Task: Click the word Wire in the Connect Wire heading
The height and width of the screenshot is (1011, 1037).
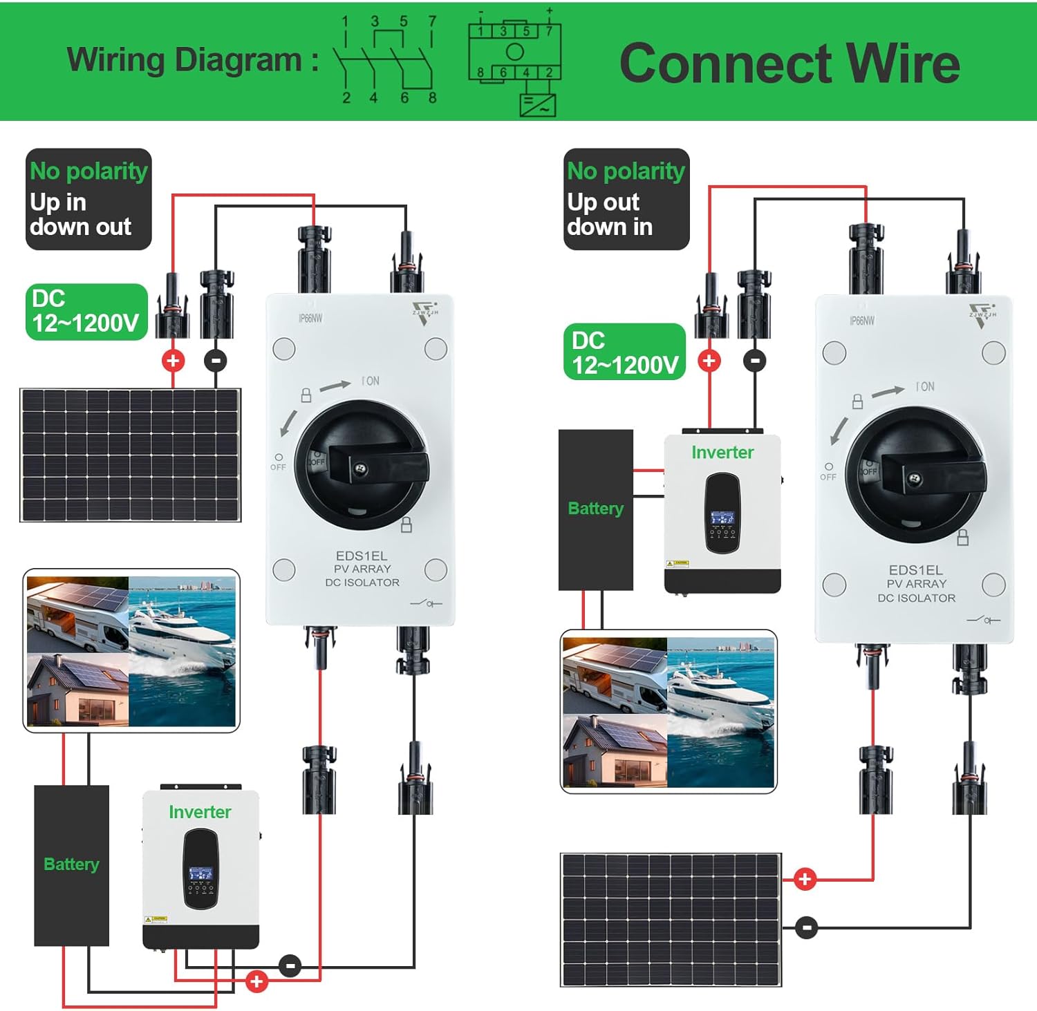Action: pos(903,64)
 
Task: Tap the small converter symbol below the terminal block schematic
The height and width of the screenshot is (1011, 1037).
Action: pos(537,106)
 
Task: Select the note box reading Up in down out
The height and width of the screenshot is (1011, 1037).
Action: pos(88,199)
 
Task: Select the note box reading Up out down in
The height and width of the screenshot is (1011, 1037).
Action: pos(626,199)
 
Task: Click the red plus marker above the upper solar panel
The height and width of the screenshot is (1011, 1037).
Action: pos(173,360)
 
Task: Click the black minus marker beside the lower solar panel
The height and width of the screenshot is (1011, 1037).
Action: pos(806,927)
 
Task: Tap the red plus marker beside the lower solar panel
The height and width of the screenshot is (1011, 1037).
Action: pos(805,879)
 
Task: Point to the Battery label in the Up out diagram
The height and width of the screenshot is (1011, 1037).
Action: pos(595,509)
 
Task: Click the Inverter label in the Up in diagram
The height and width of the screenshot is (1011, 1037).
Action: pos(200,812)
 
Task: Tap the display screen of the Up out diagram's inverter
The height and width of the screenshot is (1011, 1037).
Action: pos(722,518)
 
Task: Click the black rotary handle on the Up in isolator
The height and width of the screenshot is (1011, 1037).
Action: pos(362,464)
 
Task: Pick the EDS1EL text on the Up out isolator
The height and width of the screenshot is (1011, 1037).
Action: pos(915,570)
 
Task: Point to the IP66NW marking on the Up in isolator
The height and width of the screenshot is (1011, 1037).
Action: pos(310,319)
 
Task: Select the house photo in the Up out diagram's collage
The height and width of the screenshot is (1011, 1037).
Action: pos(615,751)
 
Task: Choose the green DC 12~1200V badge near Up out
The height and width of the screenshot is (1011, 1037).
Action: pos(624,352)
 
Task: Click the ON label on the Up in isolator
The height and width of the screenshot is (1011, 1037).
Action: pos(371,381)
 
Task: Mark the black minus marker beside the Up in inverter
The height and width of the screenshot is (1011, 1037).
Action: pos(290,965)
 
